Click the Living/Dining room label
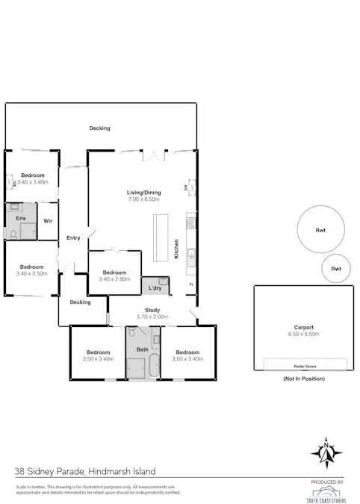point(143,193)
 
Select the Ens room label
point(20,219)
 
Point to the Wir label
point(47,221)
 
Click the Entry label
point(73,238)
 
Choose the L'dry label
point(155,287)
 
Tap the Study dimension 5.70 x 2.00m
point(153,317)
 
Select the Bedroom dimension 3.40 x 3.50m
point(31,273)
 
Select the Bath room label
point(142,349)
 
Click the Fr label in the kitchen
point(191,285)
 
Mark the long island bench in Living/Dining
point(158,237)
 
